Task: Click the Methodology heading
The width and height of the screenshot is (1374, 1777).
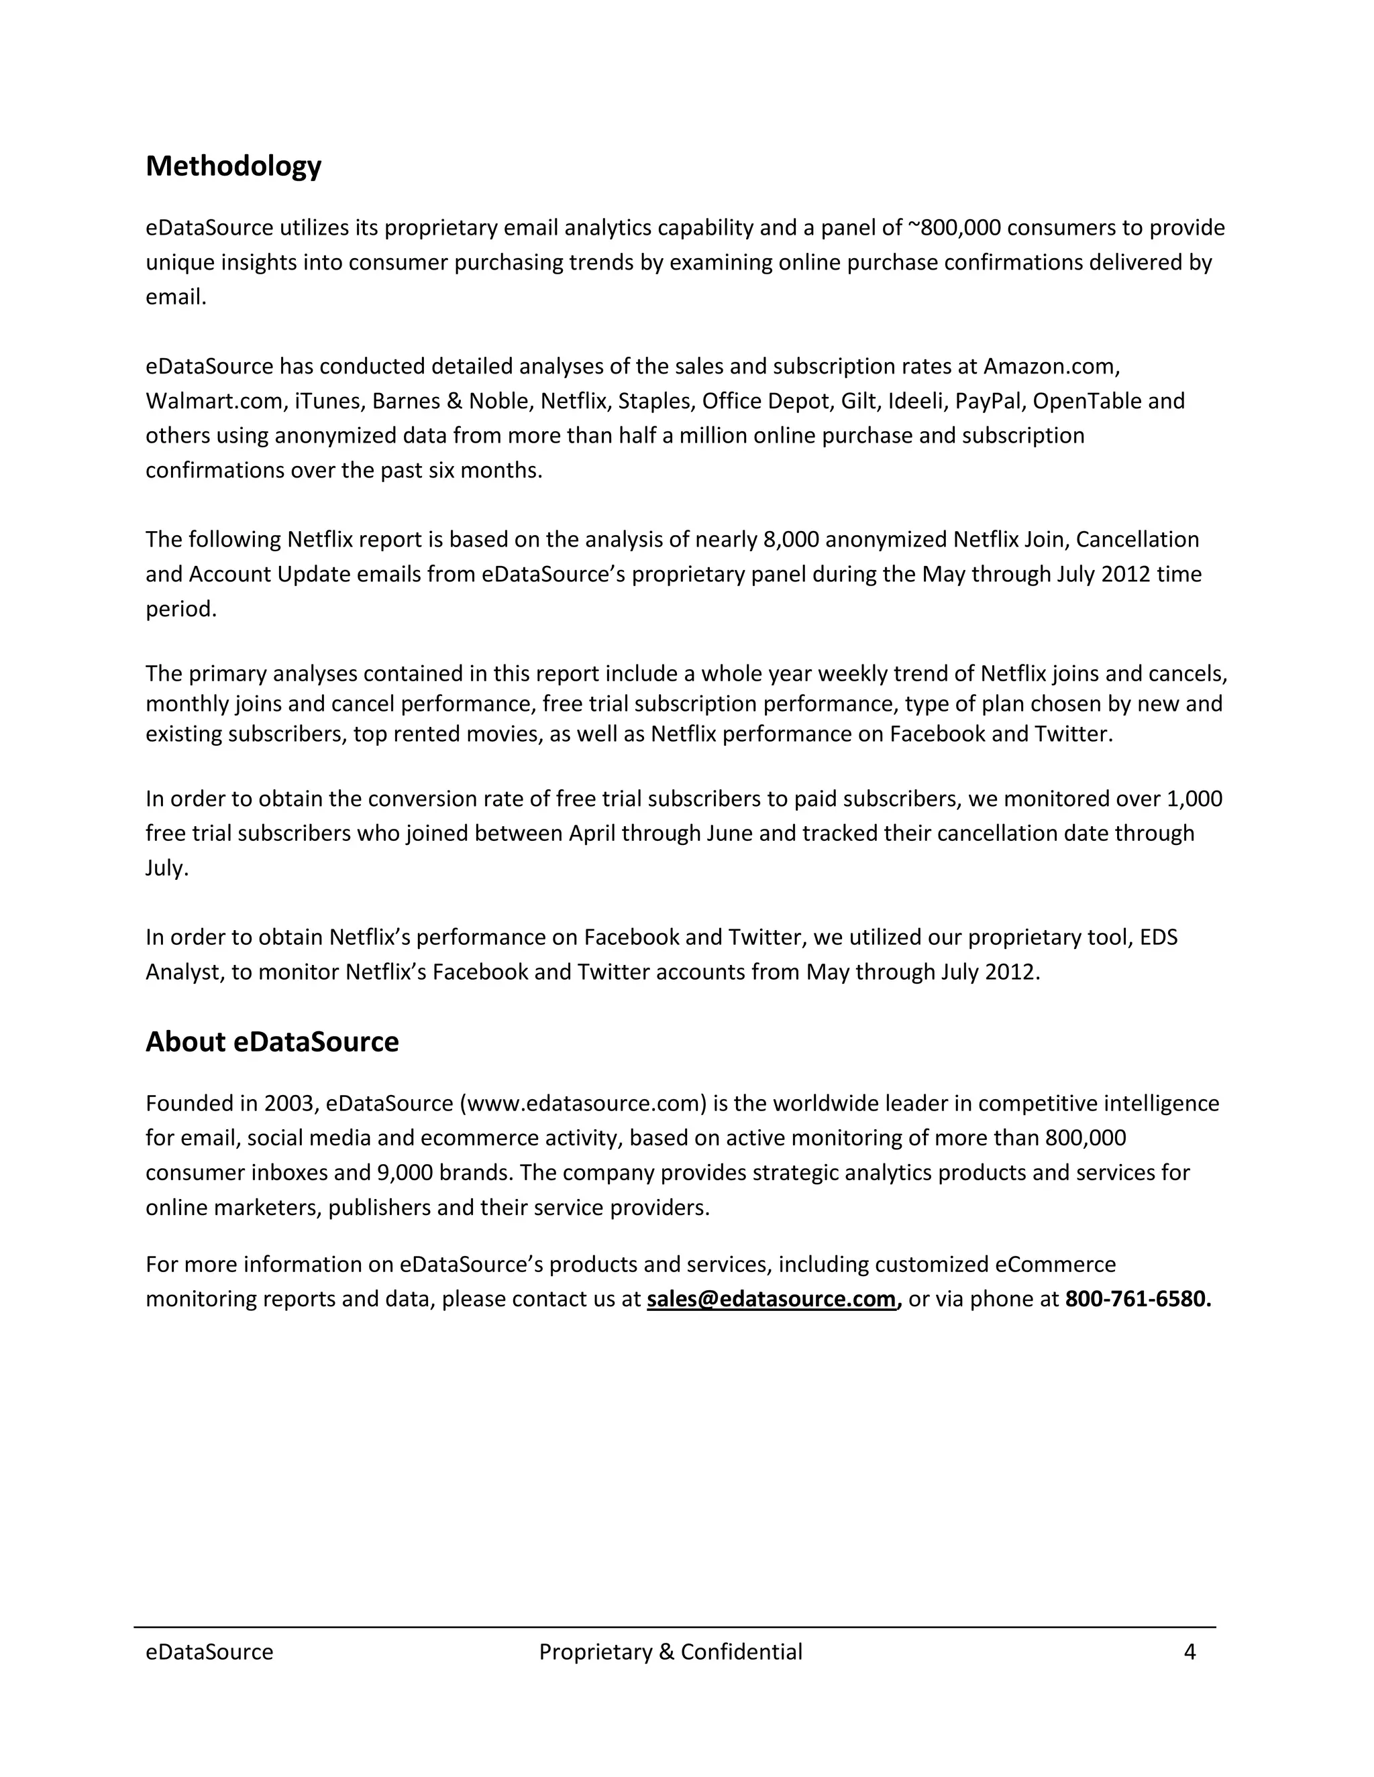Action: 233,166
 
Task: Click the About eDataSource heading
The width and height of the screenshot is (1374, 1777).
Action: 272,1041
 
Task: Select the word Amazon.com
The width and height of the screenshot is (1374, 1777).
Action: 1051,366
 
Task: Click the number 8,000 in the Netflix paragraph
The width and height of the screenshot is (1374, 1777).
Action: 790,539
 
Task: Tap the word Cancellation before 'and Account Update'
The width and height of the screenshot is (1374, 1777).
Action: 1137,539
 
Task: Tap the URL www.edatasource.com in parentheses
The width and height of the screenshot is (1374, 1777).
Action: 583,1103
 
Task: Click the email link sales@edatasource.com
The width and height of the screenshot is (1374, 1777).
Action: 771,1299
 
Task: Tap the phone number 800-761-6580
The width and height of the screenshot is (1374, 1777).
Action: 1137,1299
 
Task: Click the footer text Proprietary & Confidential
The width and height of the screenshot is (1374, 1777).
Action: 670,1652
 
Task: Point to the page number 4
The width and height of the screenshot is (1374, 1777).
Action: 1190,1652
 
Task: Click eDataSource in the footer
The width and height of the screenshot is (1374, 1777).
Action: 209,1652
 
